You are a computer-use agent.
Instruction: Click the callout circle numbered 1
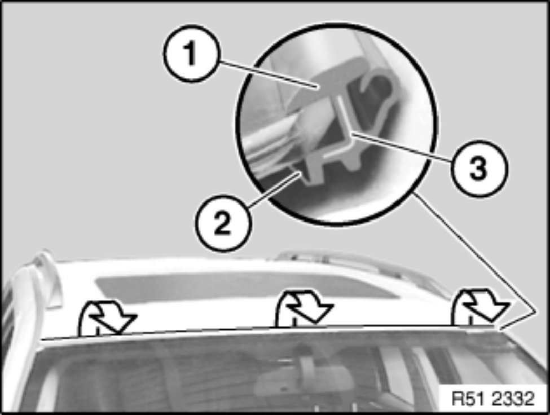pos(191,54)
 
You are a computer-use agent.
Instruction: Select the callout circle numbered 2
pos(223,222)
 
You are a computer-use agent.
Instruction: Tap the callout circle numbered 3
pos(479,168)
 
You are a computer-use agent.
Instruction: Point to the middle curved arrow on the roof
pos(303,308)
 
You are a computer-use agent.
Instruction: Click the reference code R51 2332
pos(492,399)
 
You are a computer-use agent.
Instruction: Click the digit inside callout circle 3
pos(479,169)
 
